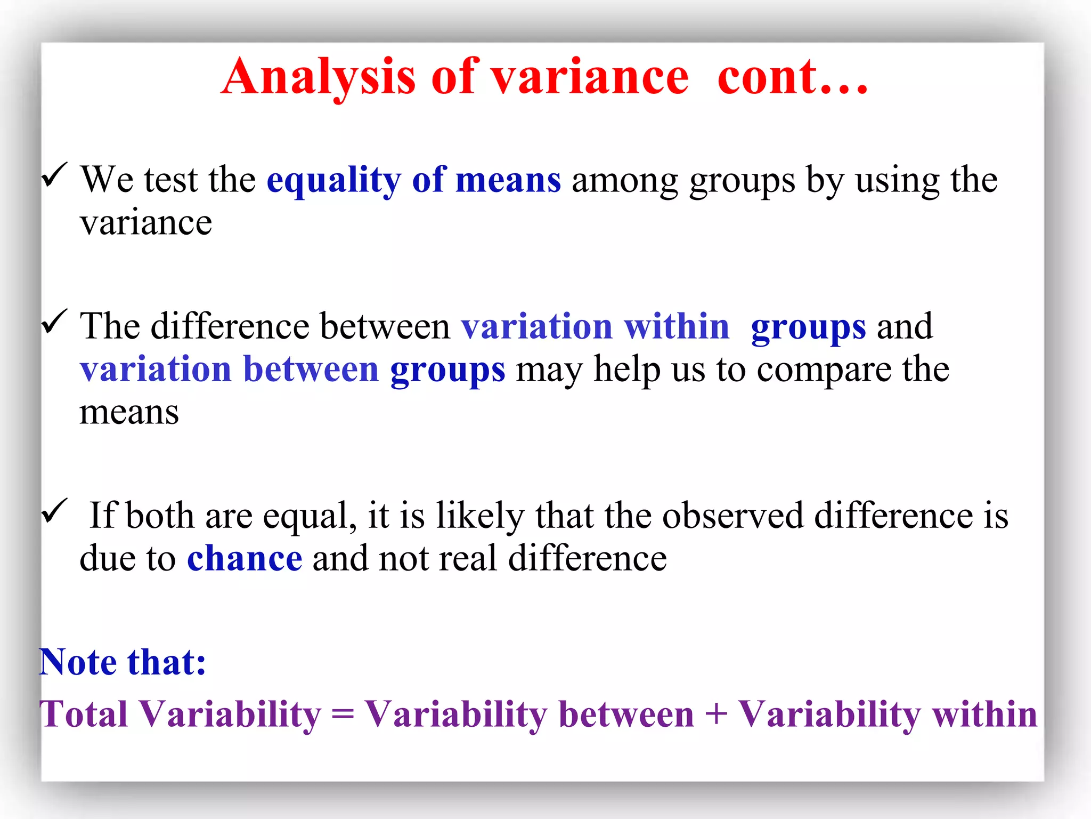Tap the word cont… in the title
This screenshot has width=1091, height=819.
793,77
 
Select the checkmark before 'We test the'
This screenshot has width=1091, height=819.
54,175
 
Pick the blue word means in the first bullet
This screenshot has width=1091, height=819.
508,180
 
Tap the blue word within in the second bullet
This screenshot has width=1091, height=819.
676,326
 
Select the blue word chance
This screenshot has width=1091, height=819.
245,559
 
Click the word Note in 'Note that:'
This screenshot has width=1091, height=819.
78,662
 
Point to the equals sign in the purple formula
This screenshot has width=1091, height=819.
343,714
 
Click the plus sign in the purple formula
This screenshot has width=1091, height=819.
716,714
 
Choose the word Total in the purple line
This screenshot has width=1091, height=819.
84,714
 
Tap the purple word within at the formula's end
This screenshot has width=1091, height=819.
984,714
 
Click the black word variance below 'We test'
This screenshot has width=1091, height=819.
146,223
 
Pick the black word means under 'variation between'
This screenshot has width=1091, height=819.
129,413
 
